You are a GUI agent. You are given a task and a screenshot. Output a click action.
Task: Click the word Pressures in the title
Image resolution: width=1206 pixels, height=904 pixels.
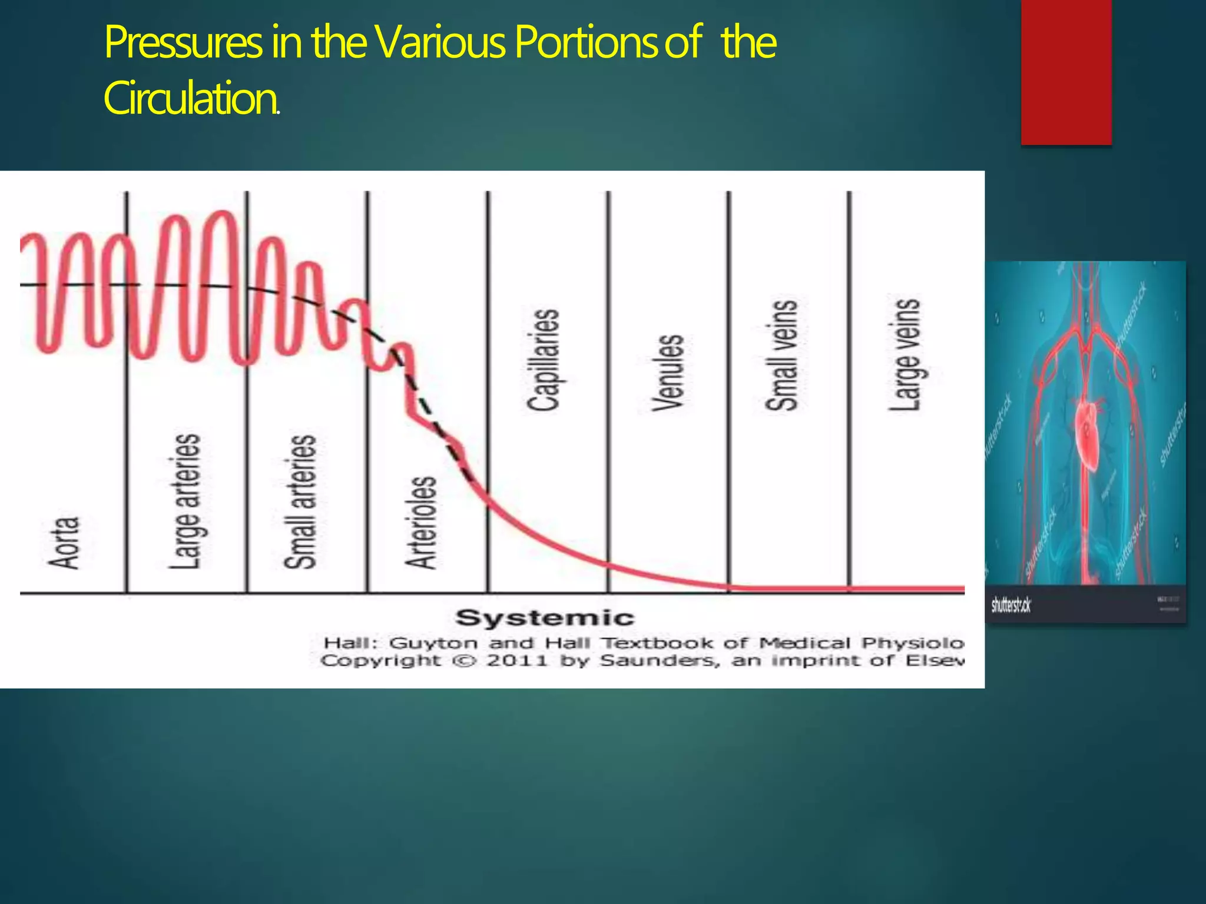coord(183,44)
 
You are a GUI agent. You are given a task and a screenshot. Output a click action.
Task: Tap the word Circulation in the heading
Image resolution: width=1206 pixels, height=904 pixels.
coord(190,99)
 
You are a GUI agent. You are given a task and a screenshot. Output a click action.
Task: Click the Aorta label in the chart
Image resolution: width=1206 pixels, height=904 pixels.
coord(64,543)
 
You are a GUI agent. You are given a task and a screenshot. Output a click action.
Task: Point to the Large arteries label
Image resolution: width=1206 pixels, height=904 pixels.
coord(185,501)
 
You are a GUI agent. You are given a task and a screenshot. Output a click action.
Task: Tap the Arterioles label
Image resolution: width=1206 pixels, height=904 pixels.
coord(422,523)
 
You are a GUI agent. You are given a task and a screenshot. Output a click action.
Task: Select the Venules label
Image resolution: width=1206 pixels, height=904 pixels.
coord(668,373)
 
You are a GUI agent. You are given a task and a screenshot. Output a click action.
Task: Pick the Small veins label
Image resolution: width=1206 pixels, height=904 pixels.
coord(782,355)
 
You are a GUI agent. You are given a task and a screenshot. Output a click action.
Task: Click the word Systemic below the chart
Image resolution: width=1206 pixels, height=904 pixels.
coord(545,618)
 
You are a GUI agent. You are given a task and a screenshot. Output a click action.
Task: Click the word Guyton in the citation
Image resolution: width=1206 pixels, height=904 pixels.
coord(433,643)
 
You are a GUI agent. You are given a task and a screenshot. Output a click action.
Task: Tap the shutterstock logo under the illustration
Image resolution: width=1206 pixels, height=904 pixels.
coord(1010,605)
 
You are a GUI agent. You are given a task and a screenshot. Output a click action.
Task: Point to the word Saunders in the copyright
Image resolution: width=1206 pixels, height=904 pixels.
coord(658,661)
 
